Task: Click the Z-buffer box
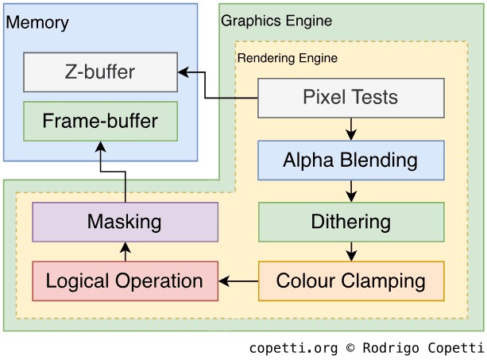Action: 100,72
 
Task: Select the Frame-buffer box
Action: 100,122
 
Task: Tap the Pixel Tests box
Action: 350,98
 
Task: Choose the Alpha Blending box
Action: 350,160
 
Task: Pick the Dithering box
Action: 350,222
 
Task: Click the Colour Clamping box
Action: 350,281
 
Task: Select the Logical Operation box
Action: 125,281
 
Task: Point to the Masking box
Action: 125,222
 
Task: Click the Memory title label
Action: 37,22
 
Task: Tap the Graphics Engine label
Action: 276,21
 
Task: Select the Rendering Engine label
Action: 288,58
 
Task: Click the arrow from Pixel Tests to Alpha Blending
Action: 351,129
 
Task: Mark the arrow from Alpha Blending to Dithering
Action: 351,191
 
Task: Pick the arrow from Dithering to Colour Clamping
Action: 351,251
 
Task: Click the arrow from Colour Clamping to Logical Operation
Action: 238,281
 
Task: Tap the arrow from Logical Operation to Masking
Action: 126,251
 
